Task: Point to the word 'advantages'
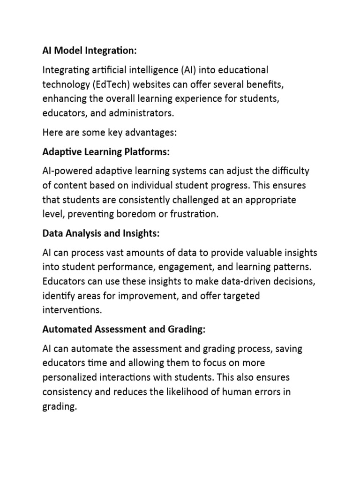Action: (153, 133)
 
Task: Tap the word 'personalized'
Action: (70, 378)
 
